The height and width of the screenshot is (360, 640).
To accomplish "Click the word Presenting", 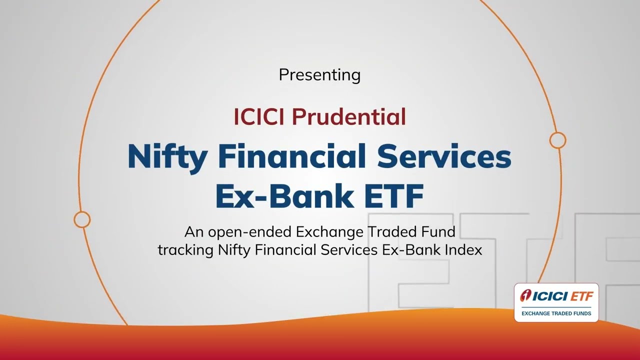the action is pyautogui.click(x=319, y=75).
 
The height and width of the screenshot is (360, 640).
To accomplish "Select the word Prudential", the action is pyautogui.click(x=349, y=116).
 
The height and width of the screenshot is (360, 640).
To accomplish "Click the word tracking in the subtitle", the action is pyautogui.click(x=185, y=250).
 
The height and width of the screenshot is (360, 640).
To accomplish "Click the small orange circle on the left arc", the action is pyautogui.click(x=82, y=219).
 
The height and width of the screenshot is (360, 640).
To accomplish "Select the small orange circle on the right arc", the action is pyautogui.click(x=557, y=140).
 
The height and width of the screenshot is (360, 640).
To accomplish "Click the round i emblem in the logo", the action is pyautogui.click(x=525, y=295).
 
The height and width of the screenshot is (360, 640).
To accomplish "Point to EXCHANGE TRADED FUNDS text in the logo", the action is pyautogui.click(x=556, y=313).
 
